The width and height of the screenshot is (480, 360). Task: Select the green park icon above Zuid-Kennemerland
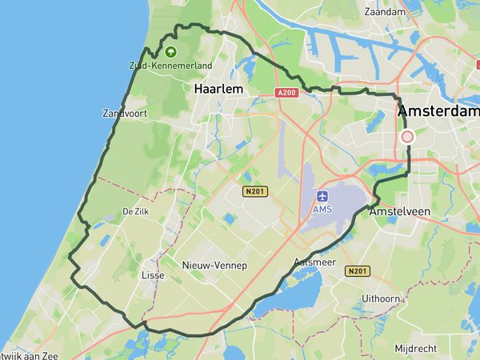pyautogui.click(x=170, y=52)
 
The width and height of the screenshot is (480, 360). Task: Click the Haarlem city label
pyautogui.click(x=218, y=90)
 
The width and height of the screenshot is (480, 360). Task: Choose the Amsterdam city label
pyautogui.click(x=438, y=111)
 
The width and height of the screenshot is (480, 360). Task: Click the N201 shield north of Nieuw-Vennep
pyautogui.click(x=255, y=191)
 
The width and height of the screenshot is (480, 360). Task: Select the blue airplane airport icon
pyautogui.click(x=322, y=196)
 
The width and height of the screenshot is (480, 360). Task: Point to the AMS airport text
pyautogui.click(x=322, y=210)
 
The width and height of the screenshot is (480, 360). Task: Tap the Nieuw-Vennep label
pyautogui.click(x=214, y=266)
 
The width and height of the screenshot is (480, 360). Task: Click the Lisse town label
pyautogui.click(x=152, y=275)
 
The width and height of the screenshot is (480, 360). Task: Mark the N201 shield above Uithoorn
pyautogui.click(x=358, y=271)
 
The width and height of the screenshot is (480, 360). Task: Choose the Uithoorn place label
pyautogui.click(x=380, y=298)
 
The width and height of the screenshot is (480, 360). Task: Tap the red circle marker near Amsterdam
pyautogui.click(x=407, y=137)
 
